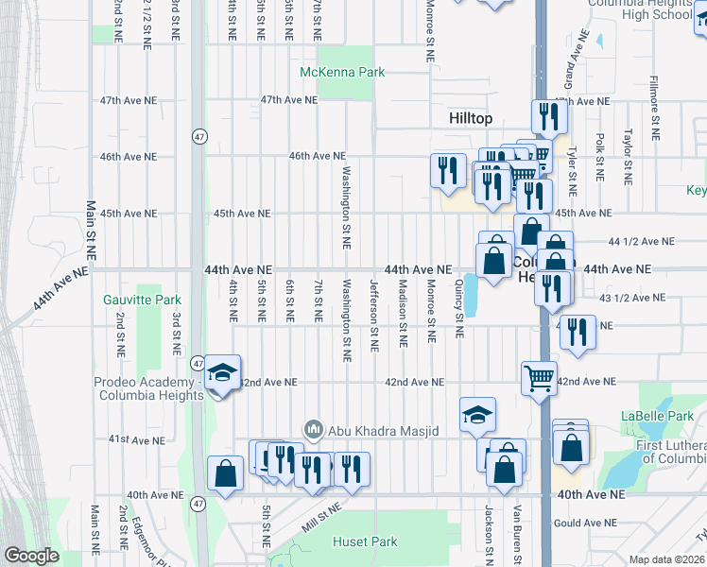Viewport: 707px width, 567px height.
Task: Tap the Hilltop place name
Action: tap(470, 118)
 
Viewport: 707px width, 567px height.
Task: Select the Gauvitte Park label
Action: tap(142, 301)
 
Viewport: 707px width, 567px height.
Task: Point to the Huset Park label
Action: tap(365, 541)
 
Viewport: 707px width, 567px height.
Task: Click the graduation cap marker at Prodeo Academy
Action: tap(222, 373)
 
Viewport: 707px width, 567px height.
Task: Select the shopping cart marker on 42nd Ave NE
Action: tap(539, 377)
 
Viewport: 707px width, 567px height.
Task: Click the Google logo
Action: tap(31, 557)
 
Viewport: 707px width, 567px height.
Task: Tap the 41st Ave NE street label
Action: tap(130, 440)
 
